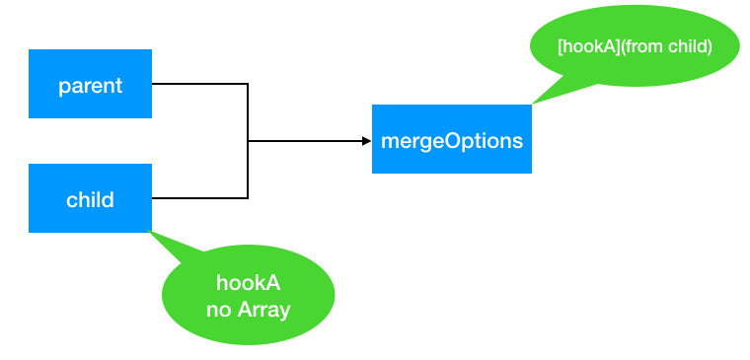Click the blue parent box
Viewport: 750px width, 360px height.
(x=90, y=84)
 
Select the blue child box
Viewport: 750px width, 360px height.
(x=90, y=198)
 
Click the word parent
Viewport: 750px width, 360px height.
(x=90, y=85)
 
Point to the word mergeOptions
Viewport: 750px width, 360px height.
(x=451, y=140)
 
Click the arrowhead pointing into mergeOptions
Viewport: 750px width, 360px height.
(x=365, y=141)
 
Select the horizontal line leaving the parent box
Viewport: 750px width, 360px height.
(x=197, y=84)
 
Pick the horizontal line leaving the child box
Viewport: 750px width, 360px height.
(x=197, y=198)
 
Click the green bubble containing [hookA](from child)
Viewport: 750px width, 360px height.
(x=635, y=46)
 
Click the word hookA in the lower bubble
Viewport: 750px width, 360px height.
(x=249, y=283)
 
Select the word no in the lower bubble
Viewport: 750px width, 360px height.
(x=218, y=311)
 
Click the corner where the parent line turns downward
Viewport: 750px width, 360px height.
(x=247, y=84)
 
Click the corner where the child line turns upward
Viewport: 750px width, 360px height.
(x=247, y=198)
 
